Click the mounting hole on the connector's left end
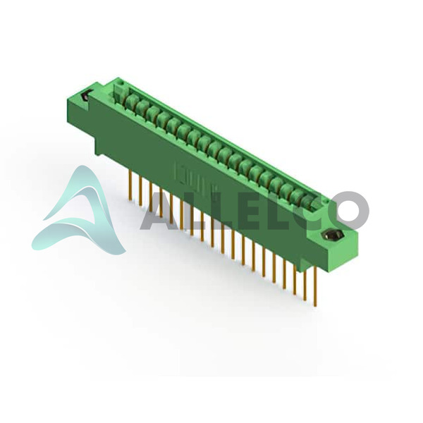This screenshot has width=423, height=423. (x=85, y=96)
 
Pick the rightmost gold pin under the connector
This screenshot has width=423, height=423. (x=314, y=286)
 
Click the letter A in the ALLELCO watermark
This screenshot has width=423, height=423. (x=159, y=211)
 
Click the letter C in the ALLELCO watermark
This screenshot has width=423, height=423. (x=310, y=211)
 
